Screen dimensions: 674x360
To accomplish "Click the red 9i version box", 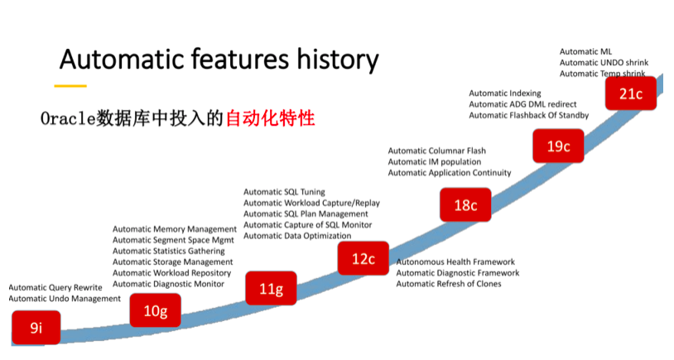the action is click(x=36, y=328).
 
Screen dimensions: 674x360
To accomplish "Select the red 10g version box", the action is click(x=155, y=310).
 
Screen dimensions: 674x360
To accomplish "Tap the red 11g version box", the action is click(x=271, y=288).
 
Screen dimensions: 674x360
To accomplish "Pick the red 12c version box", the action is click(x=363, y=258).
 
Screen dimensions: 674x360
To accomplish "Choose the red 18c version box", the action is click(x=465, y=204).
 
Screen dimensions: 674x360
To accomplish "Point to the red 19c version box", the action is click(x=558, y=146).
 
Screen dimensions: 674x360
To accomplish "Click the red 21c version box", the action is click(x=631, y=94).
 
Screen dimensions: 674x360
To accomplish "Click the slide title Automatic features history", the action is click(x=219, y=60).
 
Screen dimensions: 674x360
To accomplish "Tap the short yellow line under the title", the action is click(x=70, y=86).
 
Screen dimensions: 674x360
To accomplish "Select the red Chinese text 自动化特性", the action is click(x=271, y=118).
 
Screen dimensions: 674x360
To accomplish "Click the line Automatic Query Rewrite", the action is click(x=55, y=287).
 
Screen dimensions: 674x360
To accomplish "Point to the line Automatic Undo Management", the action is click(x=65, y=299).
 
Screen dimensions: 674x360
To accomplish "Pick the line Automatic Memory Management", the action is click(x=175, y=229).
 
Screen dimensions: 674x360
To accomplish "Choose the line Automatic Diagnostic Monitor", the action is click(x=169, y=284).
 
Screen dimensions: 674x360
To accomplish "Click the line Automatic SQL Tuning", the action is click(x=284, y=192).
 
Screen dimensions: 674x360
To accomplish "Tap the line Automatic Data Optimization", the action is click(x=297, y=236).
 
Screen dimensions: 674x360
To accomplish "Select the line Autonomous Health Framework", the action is click(x=455, y=262).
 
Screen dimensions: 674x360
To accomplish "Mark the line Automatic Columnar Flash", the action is click(x=436, y=151).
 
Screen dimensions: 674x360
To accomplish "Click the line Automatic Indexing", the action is click(x=505, y=94).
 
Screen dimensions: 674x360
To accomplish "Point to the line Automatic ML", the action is click(x=585, y=51).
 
